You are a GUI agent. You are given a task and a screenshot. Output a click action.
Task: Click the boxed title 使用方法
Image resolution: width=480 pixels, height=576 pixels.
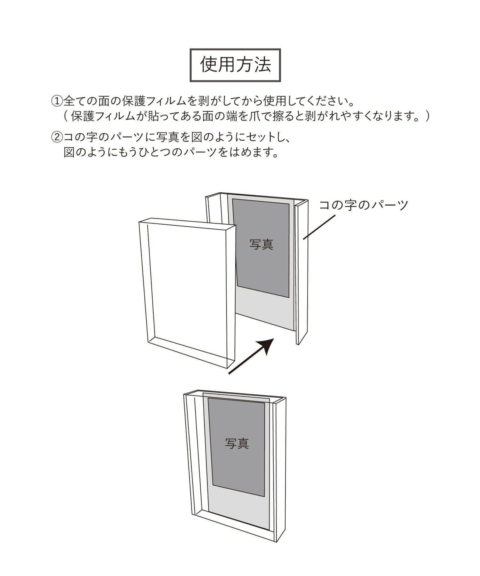[235, 65]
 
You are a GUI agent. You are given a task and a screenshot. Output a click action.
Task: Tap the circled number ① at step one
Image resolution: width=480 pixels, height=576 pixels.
[57, 101]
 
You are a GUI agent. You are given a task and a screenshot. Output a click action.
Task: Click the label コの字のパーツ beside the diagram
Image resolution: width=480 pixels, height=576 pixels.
[363, 205]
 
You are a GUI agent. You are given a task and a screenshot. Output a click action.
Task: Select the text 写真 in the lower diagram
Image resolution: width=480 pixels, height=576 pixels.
[237, 444]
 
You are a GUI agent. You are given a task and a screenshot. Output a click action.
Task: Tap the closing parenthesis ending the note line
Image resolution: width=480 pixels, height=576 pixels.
[427, 116]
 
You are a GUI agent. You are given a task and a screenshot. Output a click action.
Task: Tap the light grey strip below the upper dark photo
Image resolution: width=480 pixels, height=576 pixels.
[265, 310]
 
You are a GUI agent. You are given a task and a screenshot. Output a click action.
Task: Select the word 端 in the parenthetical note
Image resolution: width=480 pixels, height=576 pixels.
[231, 116]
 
